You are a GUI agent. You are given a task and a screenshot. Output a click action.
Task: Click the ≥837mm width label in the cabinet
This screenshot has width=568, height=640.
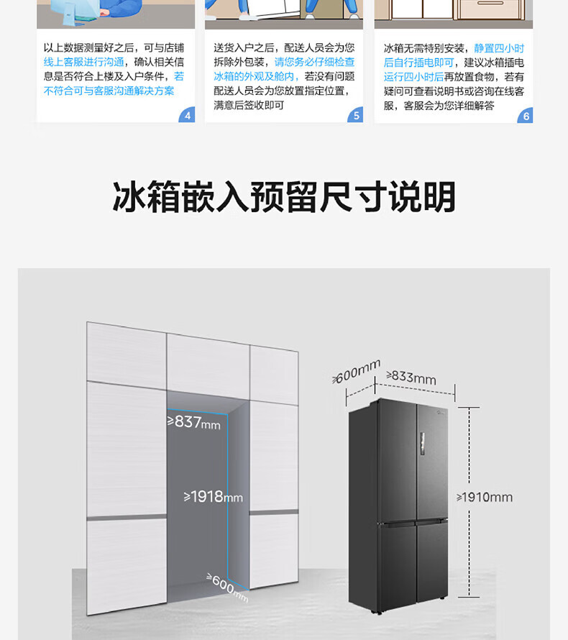pyautogui.click(x=194, y=422)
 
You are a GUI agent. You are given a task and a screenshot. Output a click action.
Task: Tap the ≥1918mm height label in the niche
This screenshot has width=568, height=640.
pyautogui.click(x=213, y=497)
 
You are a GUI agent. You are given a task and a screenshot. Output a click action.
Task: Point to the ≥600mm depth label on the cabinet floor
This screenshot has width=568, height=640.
pyautogui.click(x=227, y=588)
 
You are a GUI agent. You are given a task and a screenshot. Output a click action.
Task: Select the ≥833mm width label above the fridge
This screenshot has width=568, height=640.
pyautogui.click(x=411, y=377)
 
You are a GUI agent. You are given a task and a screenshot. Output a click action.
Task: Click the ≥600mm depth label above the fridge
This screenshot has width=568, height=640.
pyautogui.click(x=356, y=371)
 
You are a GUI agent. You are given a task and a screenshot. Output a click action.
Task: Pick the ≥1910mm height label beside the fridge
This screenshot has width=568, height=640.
pyautogui.click(x=485, y=497)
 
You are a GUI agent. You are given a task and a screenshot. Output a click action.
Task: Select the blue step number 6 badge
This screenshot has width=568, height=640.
pyautogui.click(x=525, y=116)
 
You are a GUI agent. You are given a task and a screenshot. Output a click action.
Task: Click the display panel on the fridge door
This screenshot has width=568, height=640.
pyautogui.click(x=422, y=444)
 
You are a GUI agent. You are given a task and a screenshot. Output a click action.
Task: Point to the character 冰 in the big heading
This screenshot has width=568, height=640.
pyautogui.click(x=129, y=197)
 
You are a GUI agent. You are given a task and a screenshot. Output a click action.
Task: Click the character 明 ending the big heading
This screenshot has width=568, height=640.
pyautogui.click(x=439, y=197)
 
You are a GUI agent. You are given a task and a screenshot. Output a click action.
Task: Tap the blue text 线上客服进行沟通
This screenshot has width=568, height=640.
pyautogui.click(x=83, y=62)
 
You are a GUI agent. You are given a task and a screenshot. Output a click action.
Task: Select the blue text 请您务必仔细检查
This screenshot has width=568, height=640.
pyautogui.click(x=314, y=62)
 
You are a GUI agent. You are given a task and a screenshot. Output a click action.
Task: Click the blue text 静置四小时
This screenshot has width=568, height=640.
pyautogui.click(x=499, y=49)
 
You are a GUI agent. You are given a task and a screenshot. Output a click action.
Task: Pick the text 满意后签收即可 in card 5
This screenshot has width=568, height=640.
pyautogui.click(x=249, y=105)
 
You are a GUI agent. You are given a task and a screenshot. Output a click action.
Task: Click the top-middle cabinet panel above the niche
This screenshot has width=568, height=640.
pyautogui.click(x=208, y=365)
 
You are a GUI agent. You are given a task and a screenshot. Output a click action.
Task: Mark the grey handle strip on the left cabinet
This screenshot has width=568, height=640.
pyautogui.click(x=127, y=517)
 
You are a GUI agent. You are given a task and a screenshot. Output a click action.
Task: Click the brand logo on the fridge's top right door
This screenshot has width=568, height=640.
pyautogui.click(x=441, y=413)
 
